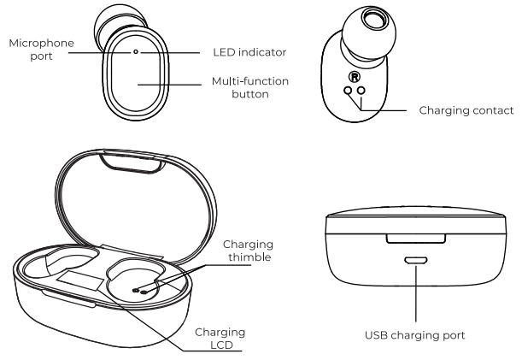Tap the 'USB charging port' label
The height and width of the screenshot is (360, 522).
(x=416, y=335)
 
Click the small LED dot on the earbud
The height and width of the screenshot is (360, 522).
(x=136, y=51)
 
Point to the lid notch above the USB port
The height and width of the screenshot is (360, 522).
(x=416, y=243)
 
